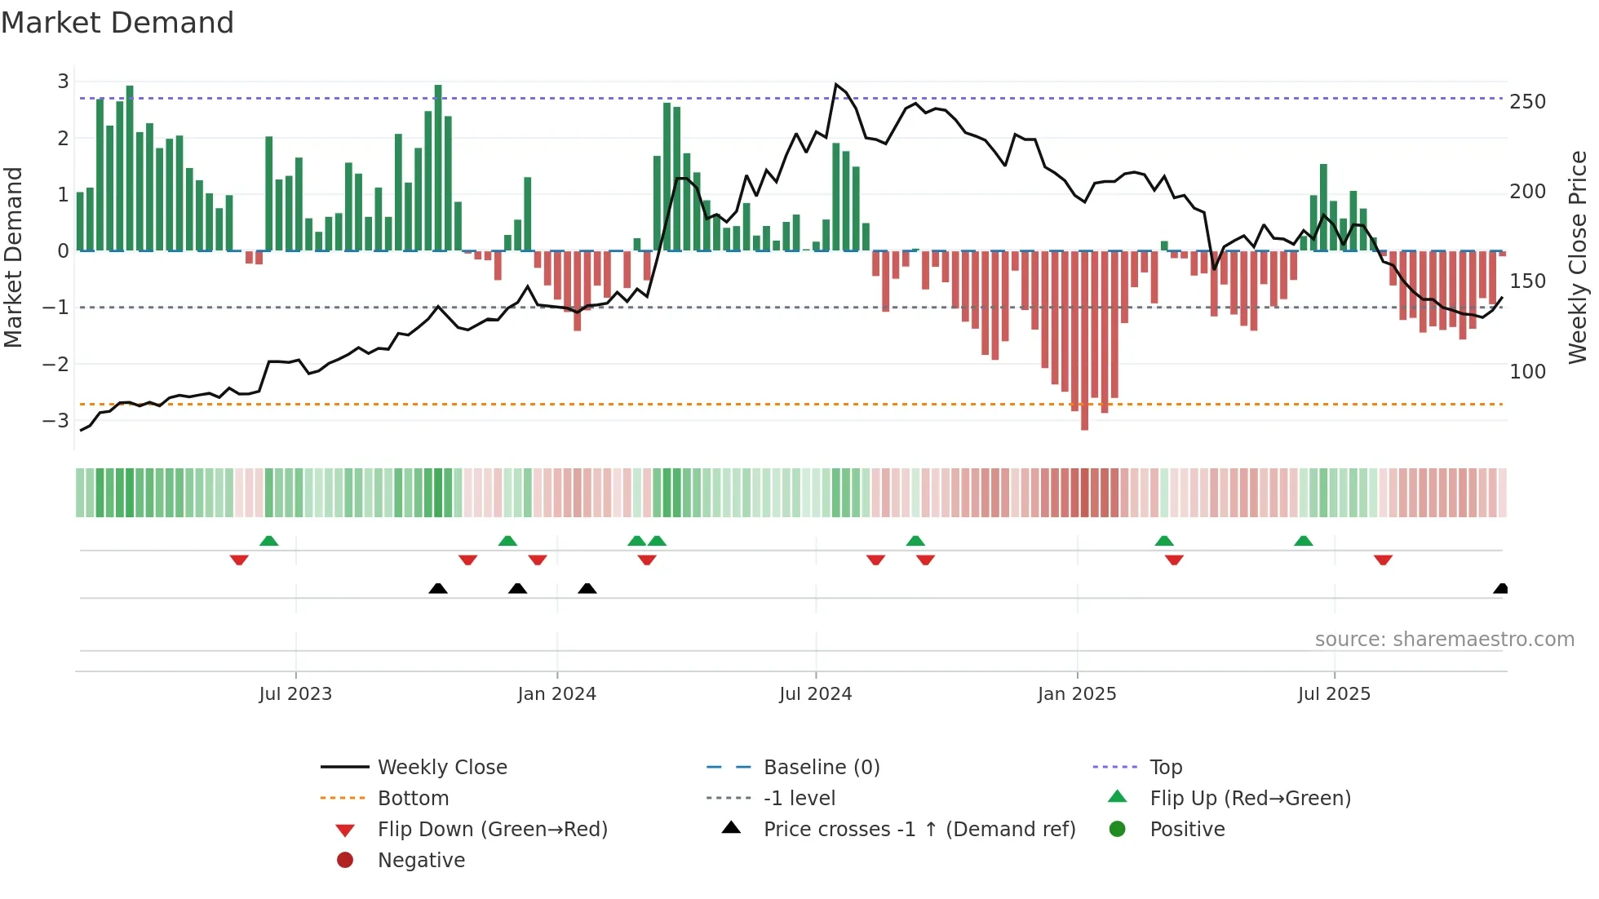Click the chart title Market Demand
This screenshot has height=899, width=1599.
[x=117, y=23]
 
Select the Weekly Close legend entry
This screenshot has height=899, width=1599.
[x=441, y=767]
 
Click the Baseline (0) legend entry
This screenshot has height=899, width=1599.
[x=821, y=767]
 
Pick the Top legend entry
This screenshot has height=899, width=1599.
[x=1165, y=767]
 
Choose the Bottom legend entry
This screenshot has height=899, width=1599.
[x=413, y=798]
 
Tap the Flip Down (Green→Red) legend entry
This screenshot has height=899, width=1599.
[x=492, y=829]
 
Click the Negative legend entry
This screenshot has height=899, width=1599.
[x=421, y=860]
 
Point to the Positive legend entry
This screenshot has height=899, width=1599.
[x=1186, y=829]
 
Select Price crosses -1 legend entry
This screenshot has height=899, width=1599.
[x=919, y=829]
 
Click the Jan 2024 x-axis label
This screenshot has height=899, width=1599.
[x=556, y=693]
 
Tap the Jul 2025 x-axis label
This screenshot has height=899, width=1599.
[x=1334, y=693]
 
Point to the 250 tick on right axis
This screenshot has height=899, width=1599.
[x=1527, y=102]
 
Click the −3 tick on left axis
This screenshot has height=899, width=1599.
[x=55, y=420]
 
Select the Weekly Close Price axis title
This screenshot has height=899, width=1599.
[x=1578, y=257]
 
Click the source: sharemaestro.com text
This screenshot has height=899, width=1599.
[x=1444, y=639]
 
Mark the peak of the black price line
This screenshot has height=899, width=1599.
[x=836, y=84]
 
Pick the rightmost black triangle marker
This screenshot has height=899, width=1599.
[x=1500, y=588]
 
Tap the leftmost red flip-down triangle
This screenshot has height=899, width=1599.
[x=239, y=560]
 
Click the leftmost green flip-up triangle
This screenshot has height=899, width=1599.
[x=268, y=540]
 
